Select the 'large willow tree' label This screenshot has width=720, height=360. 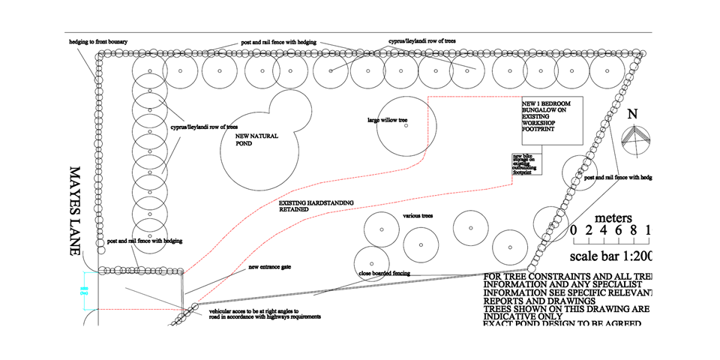point(386,119)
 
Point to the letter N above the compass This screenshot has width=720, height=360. point(632,115)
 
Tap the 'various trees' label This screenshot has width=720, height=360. point(418,216)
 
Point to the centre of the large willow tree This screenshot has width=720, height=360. point(406,126)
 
